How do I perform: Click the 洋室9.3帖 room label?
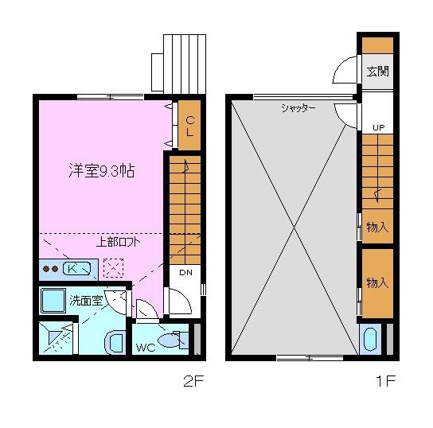[100, 171]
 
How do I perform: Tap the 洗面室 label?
[85, 301]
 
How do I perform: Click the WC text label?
[145, 346]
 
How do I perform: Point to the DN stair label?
[185, 273]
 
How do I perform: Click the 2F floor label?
[193, 381]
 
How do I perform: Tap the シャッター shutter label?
[298, 108]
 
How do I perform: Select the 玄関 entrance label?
[377, 71]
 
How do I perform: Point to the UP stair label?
[378, 127]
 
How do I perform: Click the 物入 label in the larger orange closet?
[377, 282]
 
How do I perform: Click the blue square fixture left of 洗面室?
[55, 301]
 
